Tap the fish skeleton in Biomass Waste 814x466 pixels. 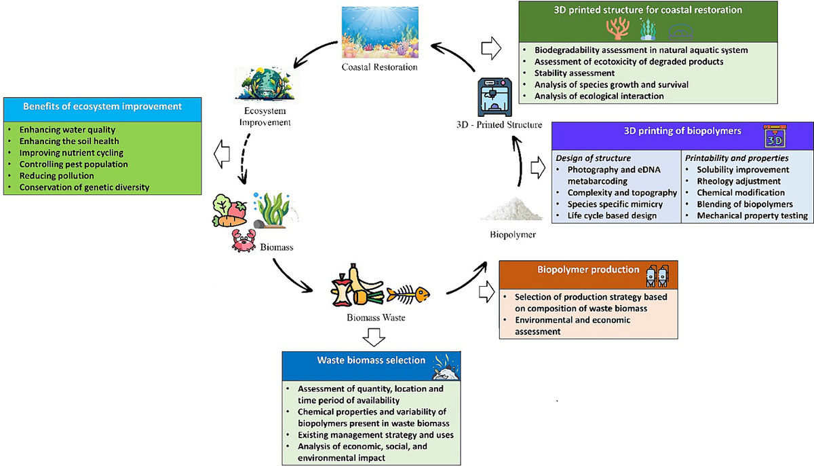(x=408, y=294)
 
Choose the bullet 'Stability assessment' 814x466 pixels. (x=575, y=73)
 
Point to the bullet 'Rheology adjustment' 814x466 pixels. (x=739, y=181)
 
